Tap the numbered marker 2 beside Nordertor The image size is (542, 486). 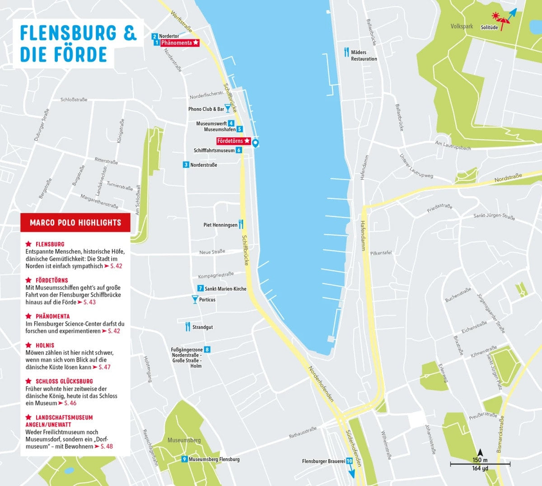click(154, 36)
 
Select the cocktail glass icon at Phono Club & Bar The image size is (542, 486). click(228, 109)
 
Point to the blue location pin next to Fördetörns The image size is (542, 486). click(255, 143)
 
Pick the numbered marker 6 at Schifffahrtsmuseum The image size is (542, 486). click(238, 150)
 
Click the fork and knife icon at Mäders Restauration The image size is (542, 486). click(346, 52)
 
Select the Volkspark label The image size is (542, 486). click(462, 26)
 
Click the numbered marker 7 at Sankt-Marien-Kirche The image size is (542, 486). click(201, 288)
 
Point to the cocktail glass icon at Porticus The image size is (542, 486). click(195, 299)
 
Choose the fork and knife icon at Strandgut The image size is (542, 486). click(188, 326)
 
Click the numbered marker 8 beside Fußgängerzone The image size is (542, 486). click(207, 349)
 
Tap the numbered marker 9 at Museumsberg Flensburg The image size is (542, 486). click(184, 459)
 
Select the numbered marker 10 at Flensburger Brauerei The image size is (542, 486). click(349, 461)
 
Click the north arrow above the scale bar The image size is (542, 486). click(480, 452)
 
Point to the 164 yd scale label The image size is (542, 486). click(480, 468)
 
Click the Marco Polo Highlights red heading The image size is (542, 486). click(75, 222)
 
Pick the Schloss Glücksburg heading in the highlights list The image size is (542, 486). click(64, 381)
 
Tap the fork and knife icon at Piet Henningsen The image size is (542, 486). click(241, 224)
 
